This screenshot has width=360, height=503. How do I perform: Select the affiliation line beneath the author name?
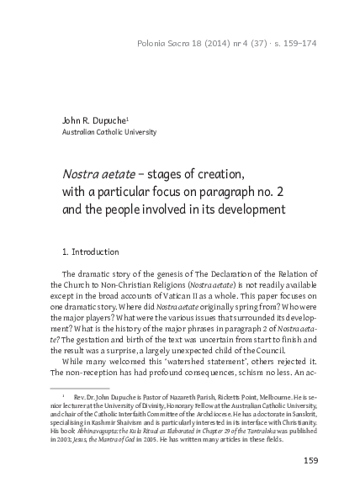[x=109, y=133]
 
